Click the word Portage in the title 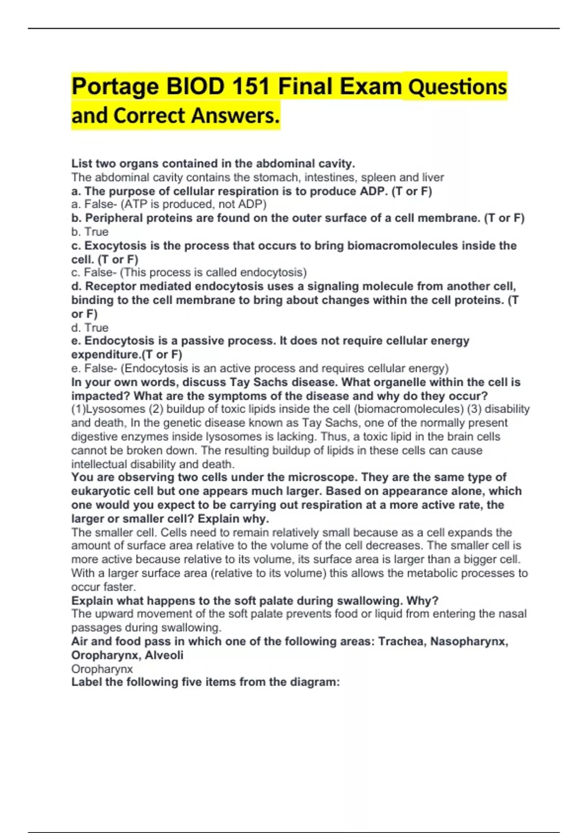coord(115,87)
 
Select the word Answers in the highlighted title coord(235,116)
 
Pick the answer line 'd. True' coord(90,327)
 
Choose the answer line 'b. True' coord(90,232)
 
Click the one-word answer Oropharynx coord(102,669)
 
